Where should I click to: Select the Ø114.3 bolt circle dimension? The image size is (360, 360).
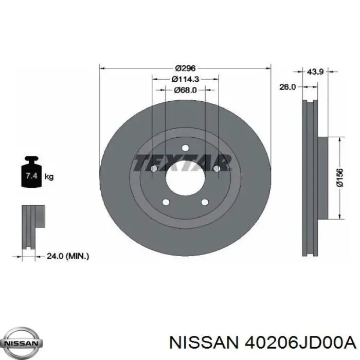pos(185,79)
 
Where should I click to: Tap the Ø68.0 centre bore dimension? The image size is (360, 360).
pos(185,90)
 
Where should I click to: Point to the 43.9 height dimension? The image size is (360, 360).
pos(315,72)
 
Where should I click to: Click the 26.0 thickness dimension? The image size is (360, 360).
pos(287,87)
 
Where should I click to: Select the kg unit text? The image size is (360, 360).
pos(49,177)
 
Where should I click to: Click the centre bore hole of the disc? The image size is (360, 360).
pos(185,176)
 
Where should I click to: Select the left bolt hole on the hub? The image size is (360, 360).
pos(154,169)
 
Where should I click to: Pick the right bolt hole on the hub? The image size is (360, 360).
pos(217,169)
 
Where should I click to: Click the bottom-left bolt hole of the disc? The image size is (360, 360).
pos(166,202)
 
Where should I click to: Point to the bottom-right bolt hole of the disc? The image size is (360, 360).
pos(205,202)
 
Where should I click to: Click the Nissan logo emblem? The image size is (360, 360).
pos(21,343)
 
